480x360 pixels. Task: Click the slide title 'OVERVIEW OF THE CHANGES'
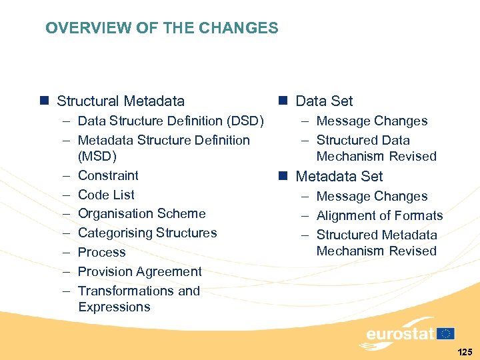[x=162, y=28]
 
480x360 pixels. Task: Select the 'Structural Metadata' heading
[x=121, y=101]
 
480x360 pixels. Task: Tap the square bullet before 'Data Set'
[x=283, y=101]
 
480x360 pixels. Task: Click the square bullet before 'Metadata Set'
[x=283, y=176]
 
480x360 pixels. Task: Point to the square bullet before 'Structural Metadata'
[x=44, y=101]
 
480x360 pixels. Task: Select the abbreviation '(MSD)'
[x=97, y=157]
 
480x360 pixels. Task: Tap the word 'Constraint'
[x=108, y=175]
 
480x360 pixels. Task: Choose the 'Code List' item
[x=106, y=195]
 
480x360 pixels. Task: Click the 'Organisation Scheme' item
[x=141, y=213]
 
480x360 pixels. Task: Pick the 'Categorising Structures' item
[x=147, y=233]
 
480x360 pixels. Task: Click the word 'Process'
[x=101, y=252]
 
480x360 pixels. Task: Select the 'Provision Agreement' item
[x=139, y=271]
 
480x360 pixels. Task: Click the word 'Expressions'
[x=114, y=307]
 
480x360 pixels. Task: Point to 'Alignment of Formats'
[x=379, y=215]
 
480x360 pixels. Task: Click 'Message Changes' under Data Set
[x=371, y=121]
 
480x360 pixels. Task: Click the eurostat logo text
[x=400, y=333]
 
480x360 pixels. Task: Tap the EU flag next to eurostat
[x=446, y=333]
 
